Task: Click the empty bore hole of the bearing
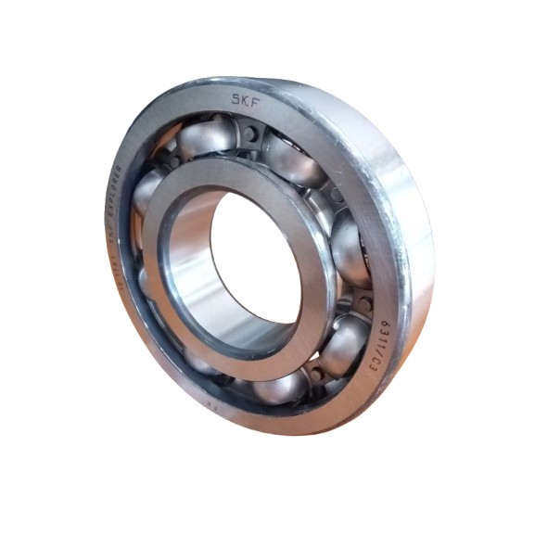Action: pos(255,260)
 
